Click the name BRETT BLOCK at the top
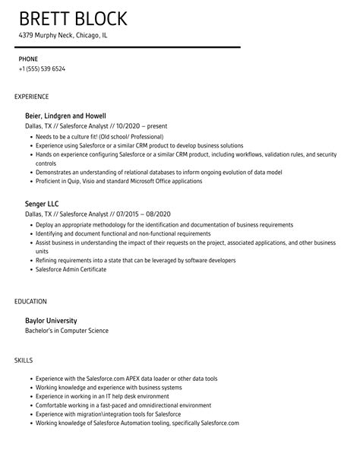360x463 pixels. (73, 18)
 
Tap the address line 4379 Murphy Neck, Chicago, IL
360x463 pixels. (63, 35)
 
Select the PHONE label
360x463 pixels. (28, 59)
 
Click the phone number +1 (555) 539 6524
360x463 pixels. (42, 69)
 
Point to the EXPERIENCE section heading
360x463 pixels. (32, 97)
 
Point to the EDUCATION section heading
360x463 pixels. (31, 302)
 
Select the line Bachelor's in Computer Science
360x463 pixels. (68, 331)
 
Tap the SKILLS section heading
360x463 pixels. (23, 358)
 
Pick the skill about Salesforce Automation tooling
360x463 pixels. (137, 423)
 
